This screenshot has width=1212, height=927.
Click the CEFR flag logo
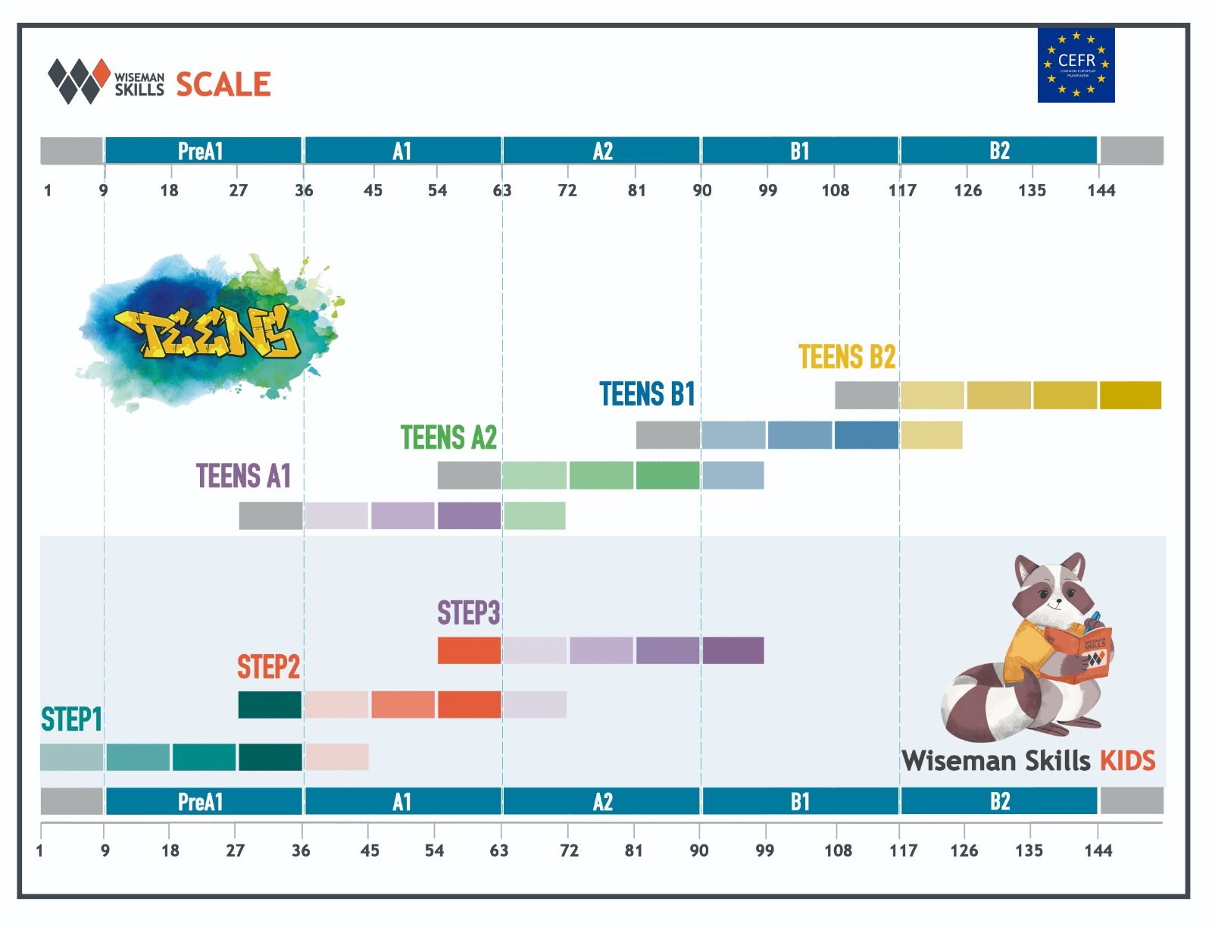(1076, 65)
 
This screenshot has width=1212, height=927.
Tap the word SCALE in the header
(223, 84)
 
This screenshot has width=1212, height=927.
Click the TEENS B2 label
(847, 357)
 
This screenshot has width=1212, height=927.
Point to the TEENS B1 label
(647, 394)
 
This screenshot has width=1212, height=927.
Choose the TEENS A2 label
(448, 437)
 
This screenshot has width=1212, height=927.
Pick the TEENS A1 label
(243, 476)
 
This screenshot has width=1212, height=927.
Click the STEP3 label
(468, 612)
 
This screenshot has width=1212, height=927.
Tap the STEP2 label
(268, 667)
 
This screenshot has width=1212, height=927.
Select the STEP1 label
(71, 719)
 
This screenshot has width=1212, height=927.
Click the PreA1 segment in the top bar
(202, 151)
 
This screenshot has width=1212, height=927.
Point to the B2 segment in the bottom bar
(999, 801)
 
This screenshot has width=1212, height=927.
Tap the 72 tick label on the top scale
(567, 190)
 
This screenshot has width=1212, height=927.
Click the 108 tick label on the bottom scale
(838, 850)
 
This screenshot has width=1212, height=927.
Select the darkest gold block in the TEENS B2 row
(1130, 395)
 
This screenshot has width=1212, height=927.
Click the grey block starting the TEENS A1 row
(270, 515)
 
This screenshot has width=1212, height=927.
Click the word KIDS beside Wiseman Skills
(1127, 760)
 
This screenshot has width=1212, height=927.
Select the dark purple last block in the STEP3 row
(733, 650)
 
